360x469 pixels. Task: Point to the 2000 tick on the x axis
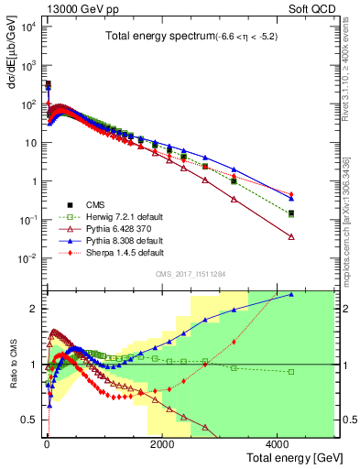point(161,444)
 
